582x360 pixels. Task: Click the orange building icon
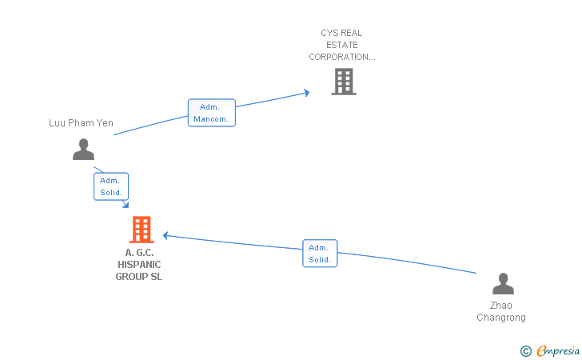(142, 230)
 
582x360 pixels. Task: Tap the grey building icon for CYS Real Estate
(344, 82)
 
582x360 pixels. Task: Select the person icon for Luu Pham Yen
(83, 150)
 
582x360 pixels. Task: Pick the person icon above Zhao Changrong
(503, 283)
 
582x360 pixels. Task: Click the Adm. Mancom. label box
(212, 113)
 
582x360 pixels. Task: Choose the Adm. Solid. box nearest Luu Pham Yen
(111, 186)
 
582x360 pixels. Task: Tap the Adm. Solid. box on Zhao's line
(320, 254)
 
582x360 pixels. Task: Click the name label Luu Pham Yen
(81, 123)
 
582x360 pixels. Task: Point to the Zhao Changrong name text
(501, 311)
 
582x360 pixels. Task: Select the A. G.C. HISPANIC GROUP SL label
(139, 265)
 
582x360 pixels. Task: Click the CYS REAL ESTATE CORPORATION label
(342, 45)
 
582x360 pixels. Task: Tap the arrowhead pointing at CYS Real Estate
(307, 93)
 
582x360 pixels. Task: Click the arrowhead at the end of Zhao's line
(166, 235)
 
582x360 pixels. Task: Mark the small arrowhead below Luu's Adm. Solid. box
(126, 204)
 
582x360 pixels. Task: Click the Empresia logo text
(558, 350)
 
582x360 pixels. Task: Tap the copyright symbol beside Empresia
(525, 350)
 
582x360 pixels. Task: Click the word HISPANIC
(139, 265)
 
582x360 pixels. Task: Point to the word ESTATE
(342, 45)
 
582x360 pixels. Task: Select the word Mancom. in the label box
(211, 119)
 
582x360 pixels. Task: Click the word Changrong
(501, 318)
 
